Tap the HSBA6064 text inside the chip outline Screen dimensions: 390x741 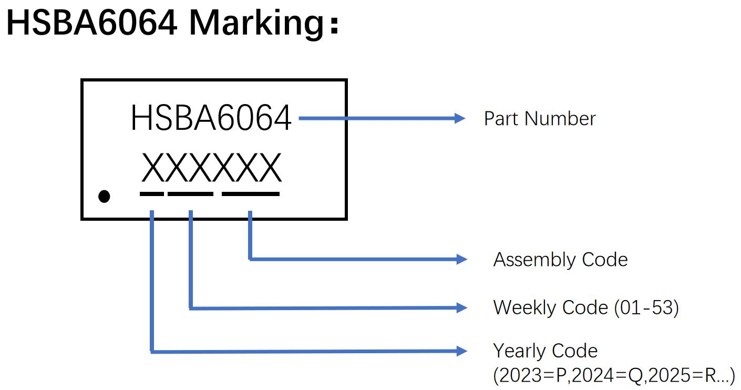coord(211,118)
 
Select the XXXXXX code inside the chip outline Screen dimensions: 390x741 coord(212,169)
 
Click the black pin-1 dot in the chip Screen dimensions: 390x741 coord(104,197)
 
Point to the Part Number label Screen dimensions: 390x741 coord(540,119)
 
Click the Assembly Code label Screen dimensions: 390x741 coord(560,260)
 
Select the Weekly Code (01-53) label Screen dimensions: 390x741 coord(586,307)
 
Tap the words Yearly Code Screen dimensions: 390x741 coord(545,351)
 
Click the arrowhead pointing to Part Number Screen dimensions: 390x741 coord(460,119)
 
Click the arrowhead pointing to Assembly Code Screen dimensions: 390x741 coord(461,259)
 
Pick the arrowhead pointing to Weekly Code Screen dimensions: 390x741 coord(461,308)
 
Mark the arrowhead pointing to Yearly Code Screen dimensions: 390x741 coord(461,351)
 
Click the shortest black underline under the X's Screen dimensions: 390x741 coord(152,194)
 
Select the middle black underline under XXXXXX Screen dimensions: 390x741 coord(190,194)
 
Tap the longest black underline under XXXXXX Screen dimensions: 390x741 coord(251,194)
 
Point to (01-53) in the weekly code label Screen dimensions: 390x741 coord(646,307)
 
